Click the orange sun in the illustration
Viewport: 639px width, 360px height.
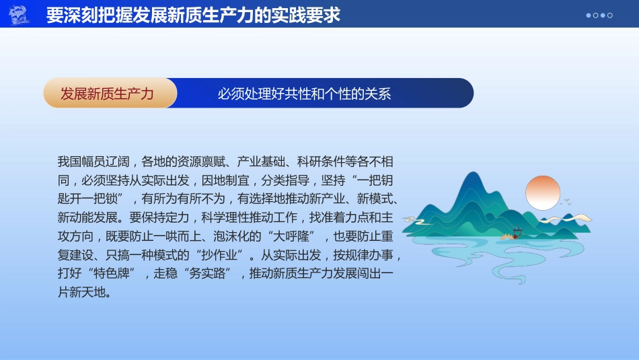pyautogui.click(x=542, y=192)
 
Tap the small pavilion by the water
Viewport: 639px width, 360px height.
pyautogui.click(x=517, y=232)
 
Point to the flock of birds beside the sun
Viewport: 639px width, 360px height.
pyautogui.click(x=566, y=201)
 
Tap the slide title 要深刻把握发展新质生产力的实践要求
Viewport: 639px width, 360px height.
pyautogui.click(x=193, y=15)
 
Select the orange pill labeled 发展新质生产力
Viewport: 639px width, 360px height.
pyautogui.click(x=108, y=94)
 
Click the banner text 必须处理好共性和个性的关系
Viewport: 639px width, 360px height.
pyautogui.click(x=304, y=94)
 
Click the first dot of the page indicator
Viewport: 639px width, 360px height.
pyautogui.click(x=589, y=15)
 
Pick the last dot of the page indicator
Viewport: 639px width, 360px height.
pyautogui.click(x=610, y=15)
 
